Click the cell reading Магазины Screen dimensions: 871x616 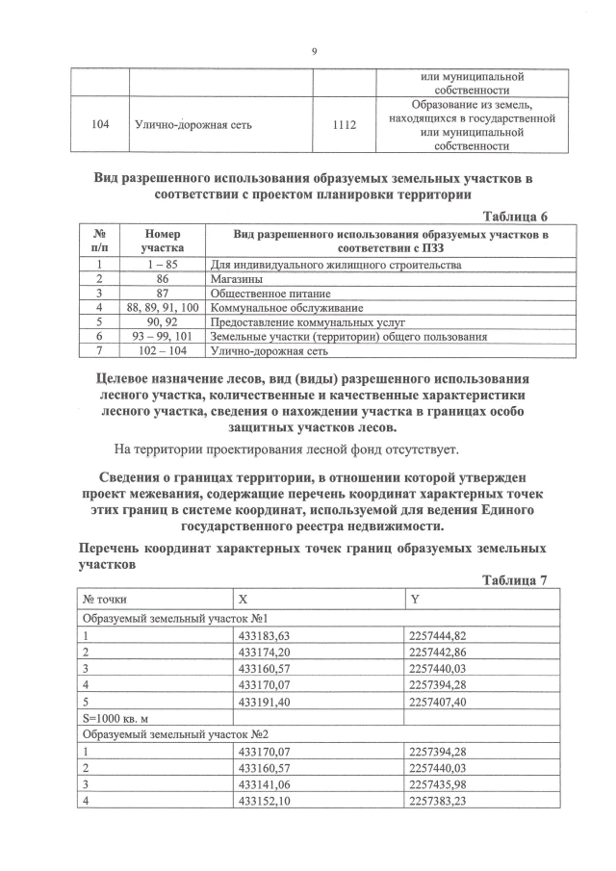tap(241, 277)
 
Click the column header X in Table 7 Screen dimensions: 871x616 tap(244, 599)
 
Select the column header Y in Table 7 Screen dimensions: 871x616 tap(415, 599)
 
